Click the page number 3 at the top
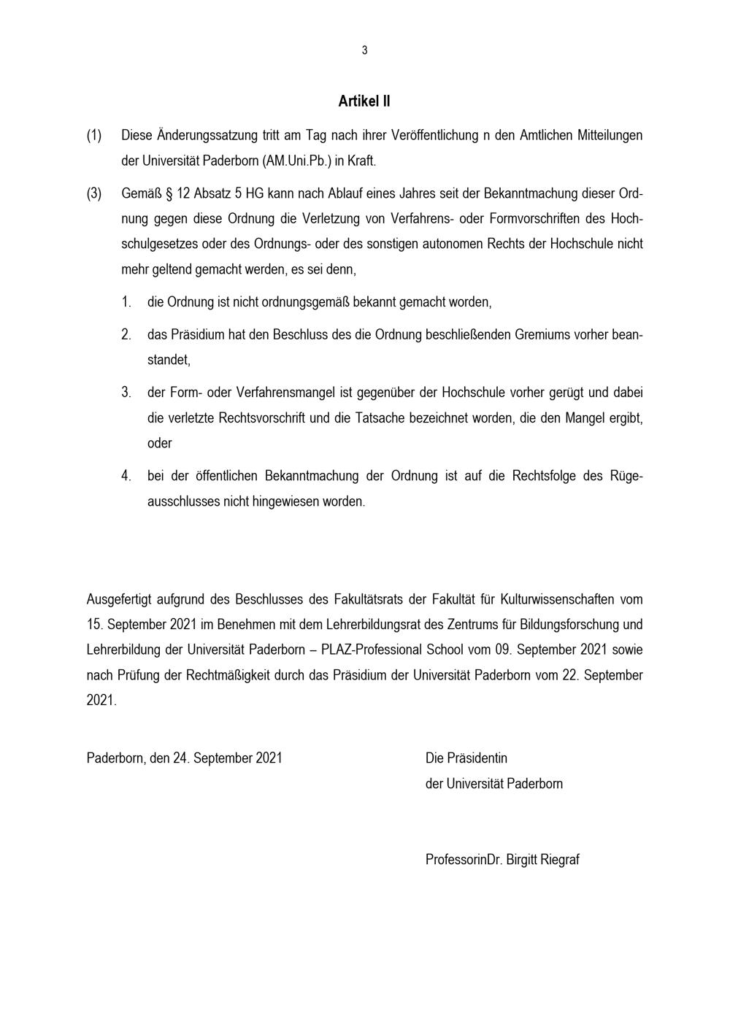[x=364, y=50]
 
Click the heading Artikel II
[x=364, y=101]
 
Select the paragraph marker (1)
[x=94, y=135]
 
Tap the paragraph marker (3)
[x=94, y=194]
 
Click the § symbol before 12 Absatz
[x=169, y=194]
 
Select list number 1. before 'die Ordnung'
[x=126, y=301]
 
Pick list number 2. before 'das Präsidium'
[x=126, y=335]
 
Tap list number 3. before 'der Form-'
[x=126, y=393]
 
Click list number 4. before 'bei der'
[x=126, y=476]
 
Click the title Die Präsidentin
[x=466, y=758]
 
